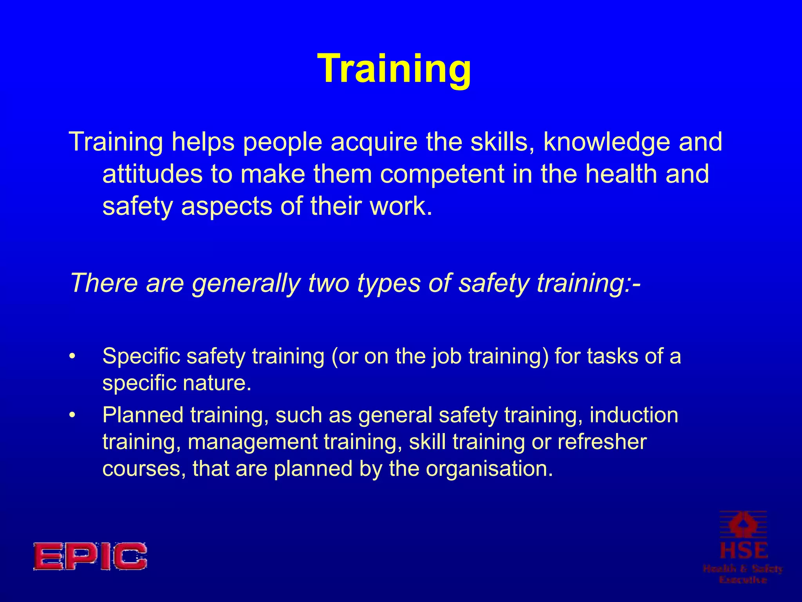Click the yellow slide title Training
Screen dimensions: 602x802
coord(394,69)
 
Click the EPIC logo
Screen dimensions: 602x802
coord(90,556)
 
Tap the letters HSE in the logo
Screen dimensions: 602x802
coord(744,551)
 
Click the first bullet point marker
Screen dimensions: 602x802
coord(72,357)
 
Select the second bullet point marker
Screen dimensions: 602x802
coord(72,415)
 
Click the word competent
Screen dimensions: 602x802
coord(442,174)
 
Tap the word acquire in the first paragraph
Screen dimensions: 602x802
coord(374,142)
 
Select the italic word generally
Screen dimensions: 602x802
coord(246,283)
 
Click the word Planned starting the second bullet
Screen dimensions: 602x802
coord(143,415)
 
